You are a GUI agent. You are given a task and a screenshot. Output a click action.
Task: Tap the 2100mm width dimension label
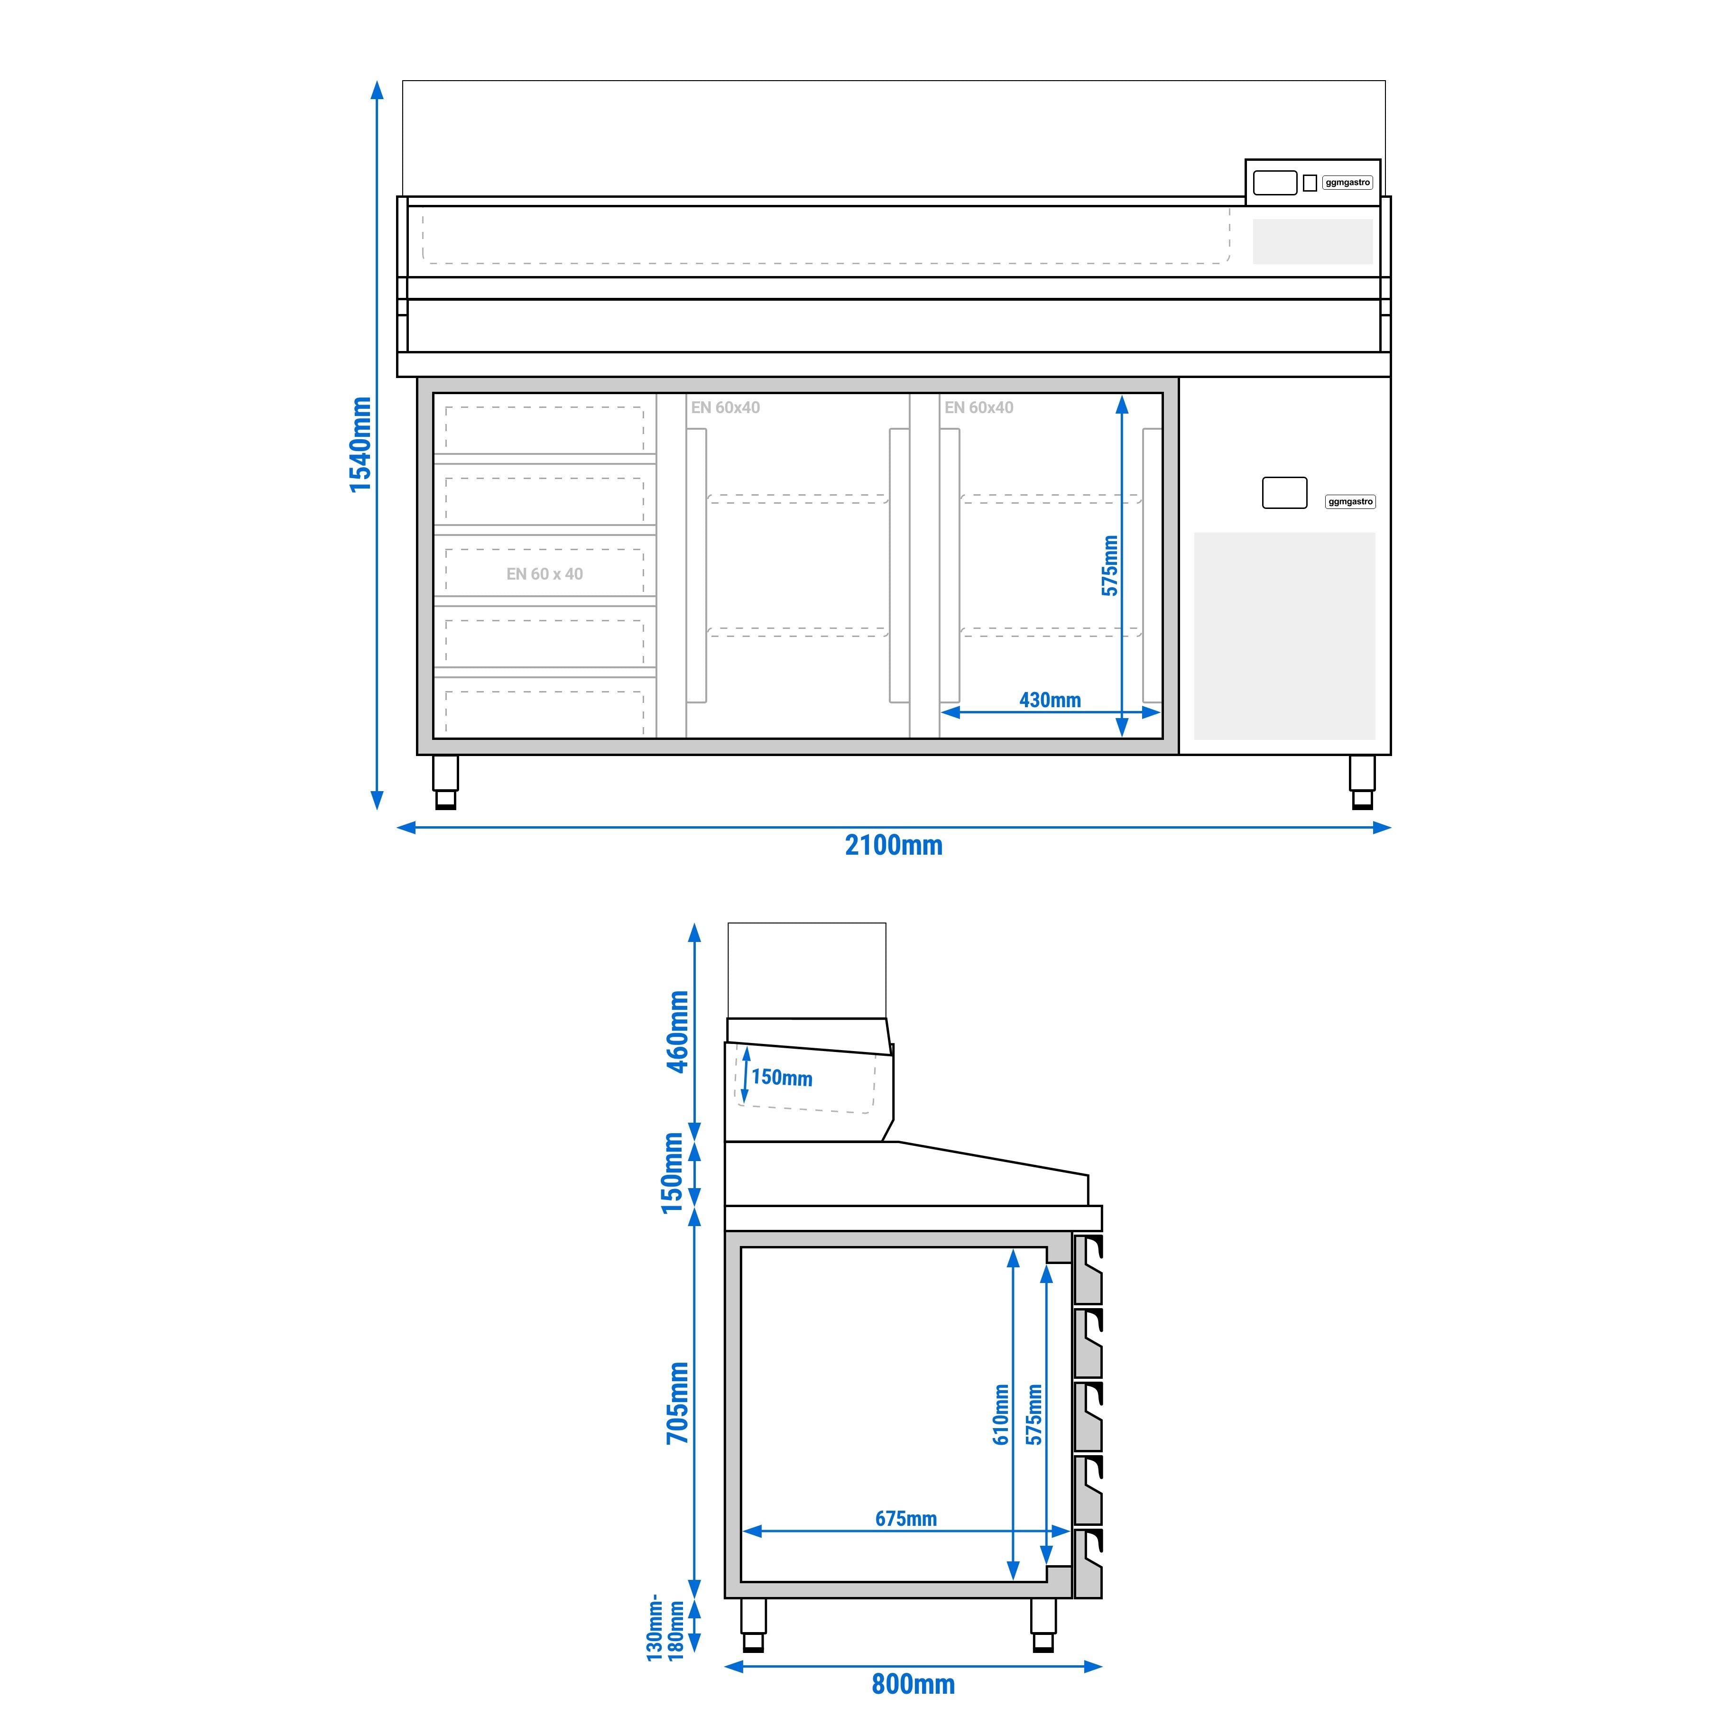click(x=894, y=845)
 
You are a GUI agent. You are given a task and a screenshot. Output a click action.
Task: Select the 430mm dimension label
click(x=1050, y=700)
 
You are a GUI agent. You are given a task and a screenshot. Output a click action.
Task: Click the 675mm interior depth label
click(x=906, y=1519)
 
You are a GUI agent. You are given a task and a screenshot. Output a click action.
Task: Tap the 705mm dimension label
click(x=677, y=1403)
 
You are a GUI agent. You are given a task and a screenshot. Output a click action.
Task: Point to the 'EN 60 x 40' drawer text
click(x=544, y=574)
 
